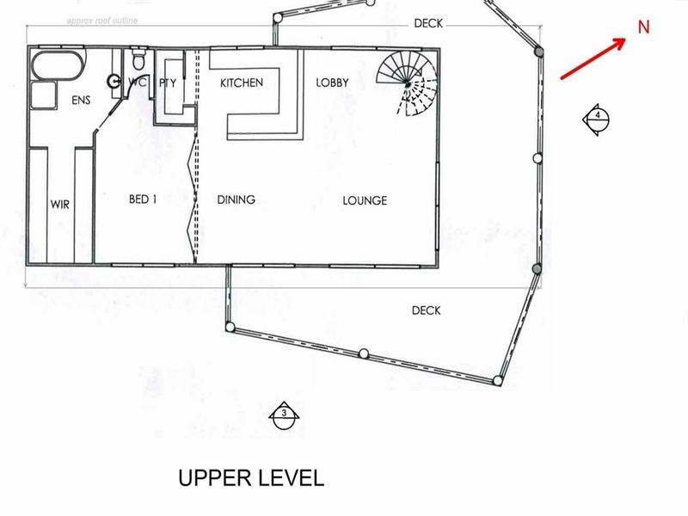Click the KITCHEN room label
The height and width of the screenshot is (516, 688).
(241, 83)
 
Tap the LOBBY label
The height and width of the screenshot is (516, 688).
(332, 83)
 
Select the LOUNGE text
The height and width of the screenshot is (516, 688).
(365, 201)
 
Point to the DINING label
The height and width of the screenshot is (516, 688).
(236, 200)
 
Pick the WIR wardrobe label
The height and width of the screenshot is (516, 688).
(59, 205)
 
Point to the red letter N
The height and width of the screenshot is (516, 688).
(643, 27)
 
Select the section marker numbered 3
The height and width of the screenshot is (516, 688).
(283, 415)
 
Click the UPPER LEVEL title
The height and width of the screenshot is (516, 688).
(251, 478)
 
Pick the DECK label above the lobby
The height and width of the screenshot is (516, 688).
(427, 24)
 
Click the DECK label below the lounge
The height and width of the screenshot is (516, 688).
(426, 310)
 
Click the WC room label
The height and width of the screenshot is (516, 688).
(138, 83)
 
